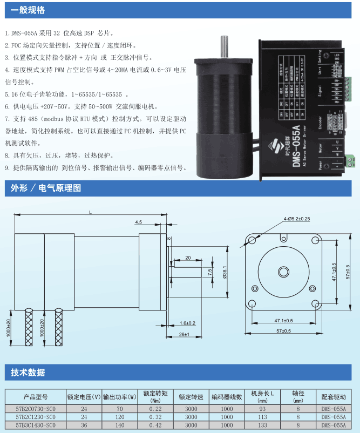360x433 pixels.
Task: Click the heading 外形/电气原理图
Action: (x=46, y=188)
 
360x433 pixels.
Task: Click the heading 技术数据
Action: (x=28, y=373)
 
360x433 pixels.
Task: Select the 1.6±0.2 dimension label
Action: (x=187, y=323)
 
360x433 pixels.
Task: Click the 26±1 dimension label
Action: (x=184, y=335)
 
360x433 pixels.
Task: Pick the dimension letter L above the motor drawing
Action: (x=90, y=212)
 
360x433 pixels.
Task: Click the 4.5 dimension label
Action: (x=139, y=222)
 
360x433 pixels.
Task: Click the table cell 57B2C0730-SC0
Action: (x=36, y=409)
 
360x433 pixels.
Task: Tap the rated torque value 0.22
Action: (x=155, y=409)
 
